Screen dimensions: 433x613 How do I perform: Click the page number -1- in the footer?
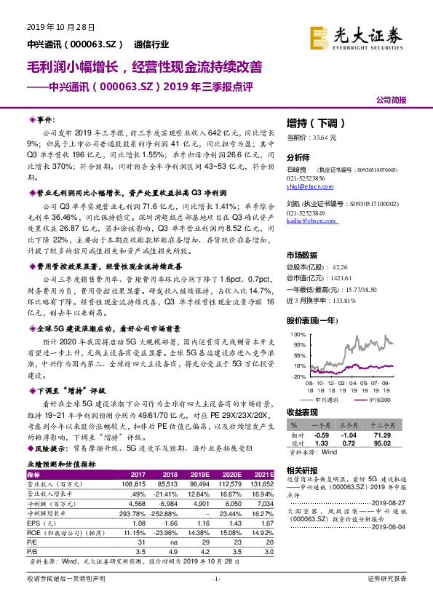click(x=216, y=598)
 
